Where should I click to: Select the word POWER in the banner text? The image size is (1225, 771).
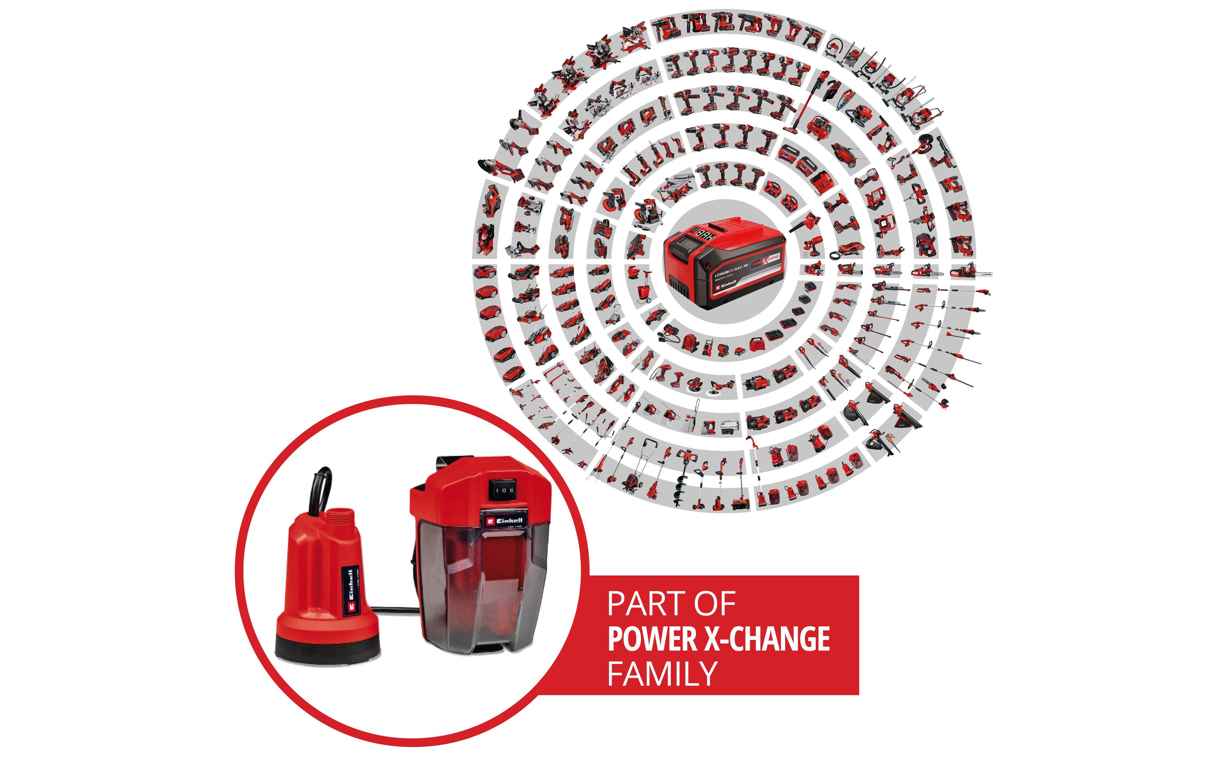[x=653, y=639]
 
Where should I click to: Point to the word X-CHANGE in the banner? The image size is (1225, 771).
[x=768, y=639]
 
